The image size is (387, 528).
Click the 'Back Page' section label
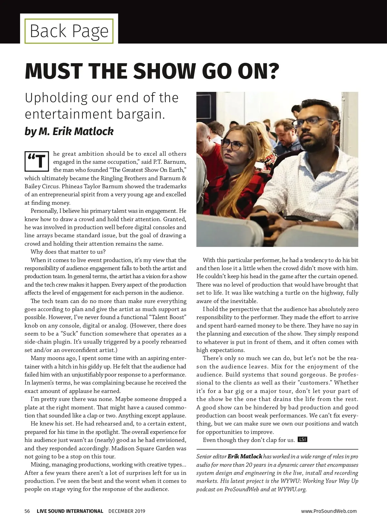pos(69,31)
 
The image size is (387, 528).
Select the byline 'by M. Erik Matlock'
pos(69,132)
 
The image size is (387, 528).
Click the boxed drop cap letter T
pos(37,161)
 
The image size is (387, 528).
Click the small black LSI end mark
pos(303,439)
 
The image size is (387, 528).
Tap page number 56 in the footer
pos(27,511)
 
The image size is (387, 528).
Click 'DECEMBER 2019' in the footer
pos(127,511)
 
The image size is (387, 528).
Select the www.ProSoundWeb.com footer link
pos(329,511)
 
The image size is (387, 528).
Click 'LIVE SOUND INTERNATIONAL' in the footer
pos(70,511)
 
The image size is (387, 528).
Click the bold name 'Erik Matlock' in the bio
pos(245,456)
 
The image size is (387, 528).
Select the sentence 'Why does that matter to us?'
pos(68,252)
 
